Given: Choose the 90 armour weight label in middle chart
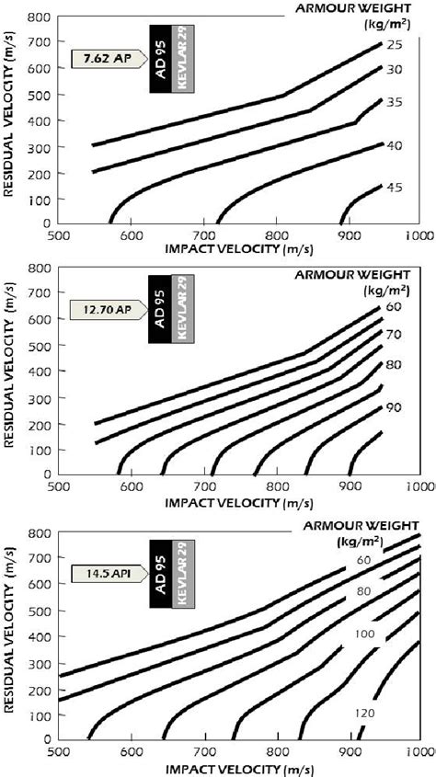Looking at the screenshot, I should (395, 407).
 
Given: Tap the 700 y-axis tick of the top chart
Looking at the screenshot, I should (36, 42).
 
